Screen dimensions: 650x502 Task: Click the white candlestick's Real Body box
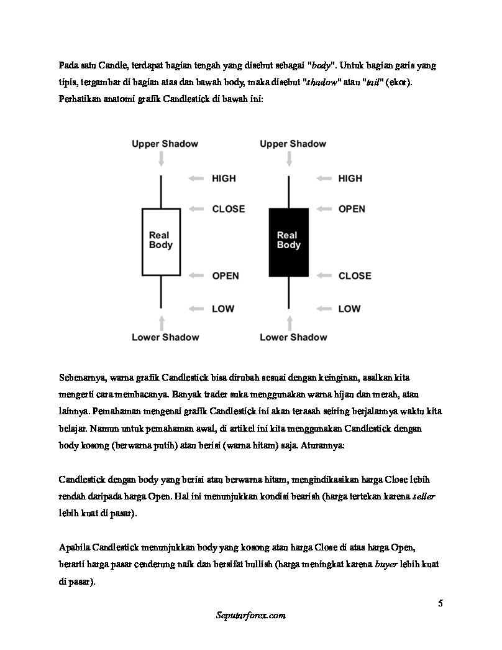pyautogui.click(x=161, y=241)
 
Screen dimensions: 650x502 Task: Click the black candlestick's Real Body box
pyautogui.click(x=288, y=241)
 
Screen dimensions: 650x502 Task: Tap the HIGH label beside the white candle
pyautogui.click(x=224, y=179)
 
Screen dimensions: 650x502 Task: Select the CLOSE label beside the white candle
pyautogui.click(x=228, y=209)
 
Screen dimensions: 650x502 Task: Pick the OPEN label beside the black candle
pyautogui.click(x=352, y=209)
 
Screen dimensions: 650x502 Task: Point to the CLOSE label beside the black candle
pyautogui.click(x=355, y=276)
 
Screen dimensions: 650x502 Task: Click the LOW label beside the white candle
pyautogui.click(x=223, y=309)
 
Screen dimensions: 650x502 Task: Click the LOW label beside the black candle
pyautogui.click(x=349, y=309)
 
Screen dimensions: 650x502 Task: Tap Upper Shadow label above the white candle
pyautogui.click(x=165, y=144)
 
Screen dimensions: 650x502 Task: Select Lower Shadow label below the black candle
pyautogui.click(x=293, y=337)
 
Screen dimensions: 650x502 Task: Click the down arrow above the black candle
pyautogui.click(x=289, y=159)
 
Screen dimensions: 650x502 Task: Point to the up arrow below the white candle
pyautogui.click(x=162, y=322)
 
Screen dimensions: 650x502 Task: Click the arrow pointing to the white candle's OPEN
pyautogui.click(x=196, y=276)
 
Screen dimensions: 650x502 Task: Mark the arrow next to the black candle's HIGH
pyautogui.click(x=323, y=179)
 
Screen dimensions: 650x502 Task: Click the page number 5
pyautogui.click(x=440, y=603)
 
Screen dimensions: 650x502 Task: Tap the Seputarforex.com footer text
pyautogui.click(x=250, y=615)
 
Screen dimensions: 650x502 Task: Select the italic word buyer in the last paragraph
pyautogui.click(x=386, y=564)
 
